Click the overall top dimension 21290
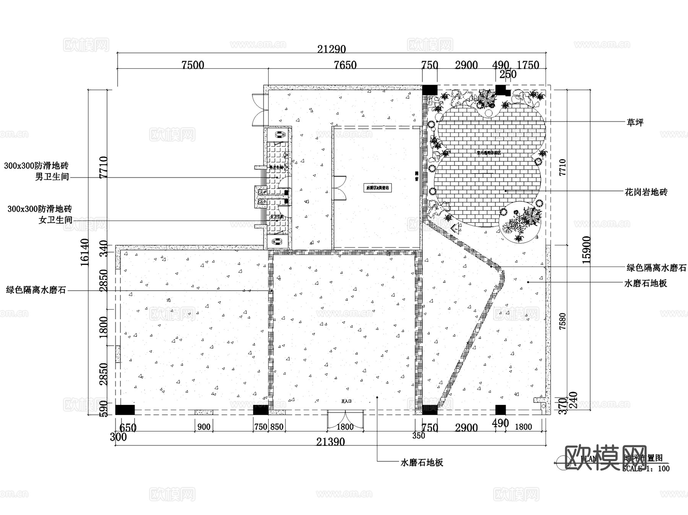click(331, 49)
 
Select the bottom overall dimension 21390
click(330, 442)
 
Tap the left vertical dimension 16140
click(85, 252)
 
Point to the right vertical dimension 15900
click(586, 250)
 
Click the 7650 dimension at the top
click(345, 65)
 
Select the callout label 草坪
click(635, 122)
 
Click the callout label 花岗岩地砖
click(646, 192)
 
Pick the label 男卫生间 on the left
click(52, 177)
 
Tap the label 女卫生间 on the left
click(55, 220)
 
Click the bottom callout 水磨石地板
click(422, 463)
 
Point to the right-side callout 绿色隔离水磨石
click(656, 268)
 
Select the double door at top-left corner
click(259, 109)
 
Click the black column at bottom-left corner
click(125, 410)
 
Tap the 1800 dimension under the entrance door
click(345, 427)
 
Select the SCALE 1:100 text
click(646, 469)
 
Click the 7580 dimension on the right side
click(562, 321)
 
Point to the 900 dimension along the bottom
click(204, 427)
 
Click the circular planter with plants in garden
click(521, 223)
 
